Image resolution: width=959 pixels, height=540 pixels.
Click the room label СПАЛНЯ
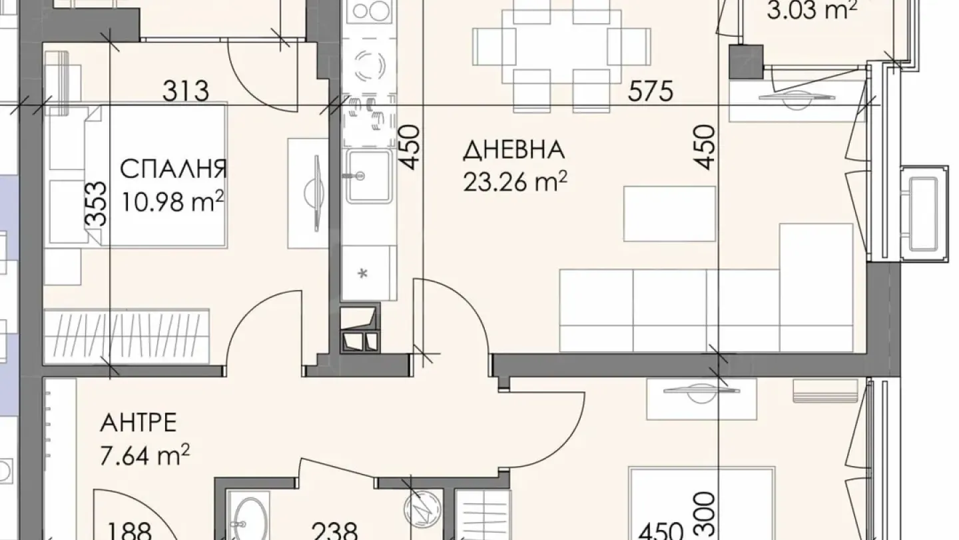coord(173,169)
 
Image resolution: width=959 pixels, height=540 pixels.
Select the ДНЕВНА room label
coord(513,151)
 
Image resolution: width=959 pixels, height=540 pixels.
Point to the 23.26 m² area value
coord(515,181)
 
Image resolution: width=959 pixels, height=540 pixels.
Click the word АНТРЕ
coord(139,423)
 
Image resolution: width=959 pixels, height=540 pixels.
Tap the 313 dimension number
coord(186,91)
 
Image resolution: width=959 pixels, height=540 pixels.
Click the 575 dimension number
coord(651,91)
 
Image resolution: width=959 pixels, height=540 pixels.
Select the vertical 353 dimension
coord(97,205)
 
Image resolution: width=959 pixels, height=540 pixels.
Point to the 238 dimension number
coord(336,531)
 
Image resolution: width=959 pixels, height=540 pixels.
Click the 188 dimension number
coord(131,531)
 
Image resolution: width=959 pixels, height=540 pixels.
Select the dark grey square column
coord(745,62)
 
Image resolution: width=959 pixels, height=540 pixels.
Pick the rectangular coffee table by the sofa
coord(669,213)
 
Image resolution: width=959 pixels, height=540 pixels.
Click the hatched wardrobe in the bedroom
coord(127,335)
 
